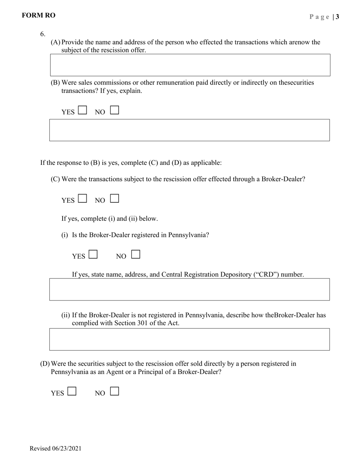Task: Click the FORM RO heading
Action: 38,16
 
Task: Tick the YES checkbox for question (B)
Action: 82,110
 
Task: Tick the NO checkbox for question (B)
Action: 114,110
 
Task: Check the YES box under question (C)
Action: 82,199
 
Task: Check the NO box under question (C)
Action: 114,199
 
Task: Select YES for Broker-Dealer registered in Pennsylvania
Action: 93,254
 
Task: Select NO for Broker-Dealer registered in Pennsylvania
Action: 136,254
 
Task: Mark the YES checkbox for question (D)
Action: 72,391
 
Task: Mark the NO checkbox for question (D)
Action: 114,391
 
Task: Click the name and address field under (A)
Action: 190,65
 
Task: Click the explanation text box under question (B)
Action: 189,130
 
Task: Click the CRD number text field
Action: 189,289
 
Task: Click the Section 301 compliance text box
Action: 189,339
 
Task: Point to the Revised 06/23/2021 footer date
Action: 55,449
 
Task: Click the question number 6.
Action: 42,34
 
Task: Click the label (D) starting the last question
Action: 45,364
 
